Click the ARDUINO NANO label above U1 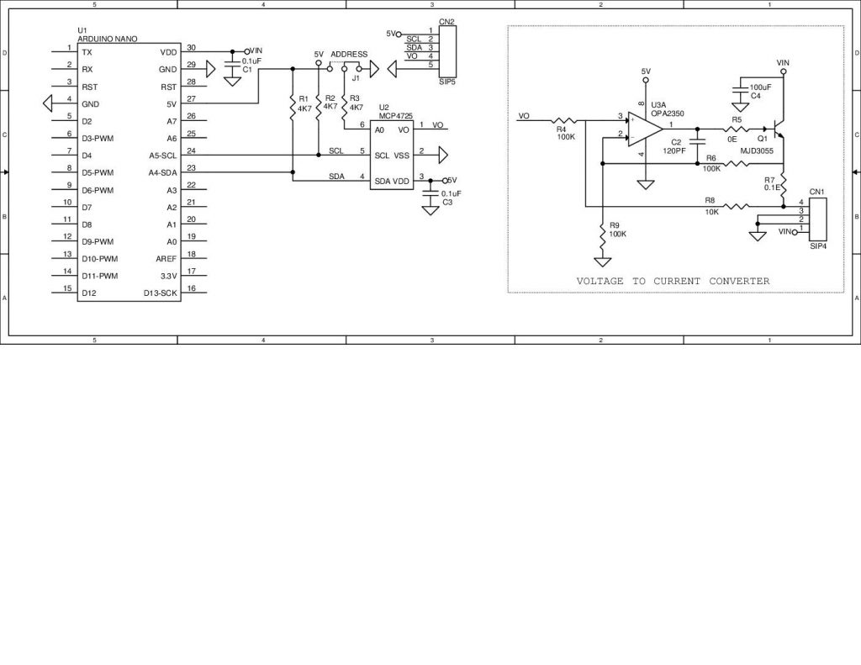click(107, 40)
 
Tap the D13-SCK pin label click(160, 293)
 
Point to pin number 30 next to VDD click(191, 48)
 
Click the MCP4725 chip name click(396, 115)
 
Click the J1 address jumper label click(356, 77)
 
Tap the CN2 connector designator click(446, 22)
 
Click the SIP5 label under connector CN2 click(446, 83)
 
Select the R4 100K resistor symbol click(563, 119)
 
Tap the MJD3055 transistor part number click(757, 150)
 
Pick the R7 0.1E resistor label click(769, 184)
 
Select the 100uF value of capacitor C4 click(761, 87)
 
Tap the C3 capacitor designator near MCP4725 click(447, 203)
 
